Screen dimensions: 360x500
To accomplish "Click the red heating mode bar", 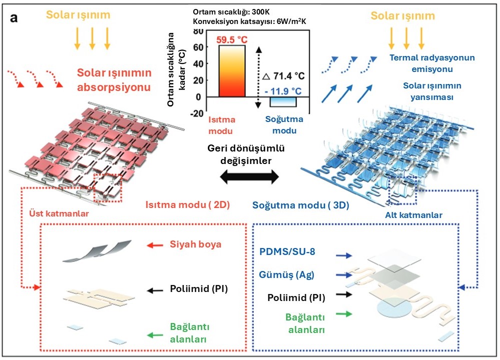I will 231,70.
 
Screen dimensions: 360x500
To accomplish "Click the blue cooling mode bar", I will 283,101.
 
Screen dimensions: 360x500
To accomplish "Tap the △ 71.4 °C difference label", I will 283,75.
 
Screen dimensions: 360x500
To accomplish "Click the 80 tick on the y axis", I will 198,31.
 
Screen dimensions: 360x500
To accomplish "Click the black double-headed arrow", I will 250,176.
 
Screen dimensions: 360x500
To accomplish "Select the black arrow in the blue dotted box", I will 344,294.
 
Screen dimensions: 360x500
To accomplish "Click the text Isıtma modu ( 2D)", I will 187,204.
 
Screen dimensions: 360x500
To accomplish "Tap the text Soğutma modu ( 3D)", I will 301,205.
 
